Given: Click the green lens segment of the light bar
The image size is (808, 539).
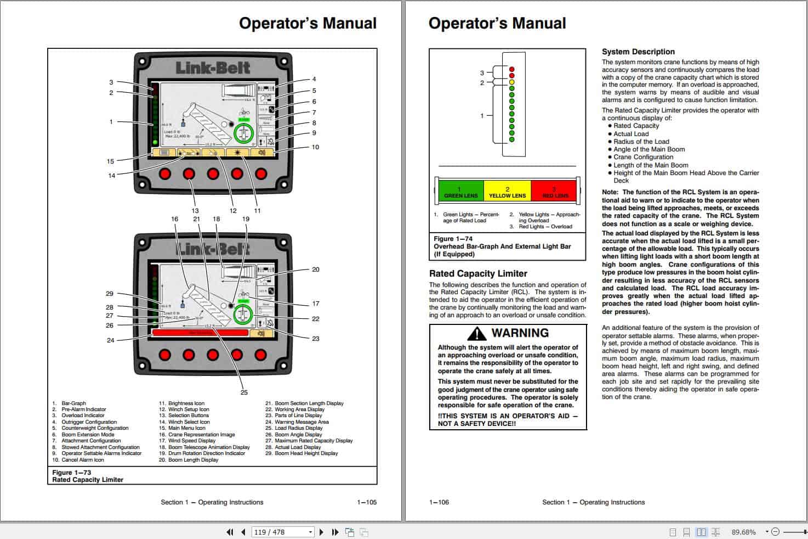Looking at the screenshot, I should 460,190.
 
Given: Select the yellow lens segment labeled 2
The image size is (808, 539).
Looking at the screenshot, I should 507,190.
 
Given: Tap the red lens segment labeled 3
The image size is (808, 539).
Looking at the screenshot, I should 554,190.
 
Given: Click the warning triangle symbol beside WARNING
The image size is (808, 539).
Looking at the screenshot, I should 477,333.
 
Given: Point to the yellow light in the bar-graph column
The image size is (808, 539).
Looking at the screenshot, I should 511,82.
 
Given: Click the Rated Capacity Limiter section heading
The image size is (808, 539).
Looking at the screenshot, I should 477,273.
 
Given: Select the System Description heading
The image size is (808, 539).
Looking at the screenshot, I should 638,52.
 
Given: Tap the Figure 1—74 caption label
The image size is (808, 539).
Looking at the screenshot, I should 453,239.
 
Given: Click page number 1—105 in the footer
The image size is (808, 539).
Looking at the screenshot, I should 367,502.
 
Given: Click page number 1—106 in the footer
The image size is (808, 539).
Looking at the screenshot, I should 439,502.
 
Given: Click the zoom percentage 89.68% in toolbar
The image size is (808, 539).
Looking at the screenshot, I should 743,532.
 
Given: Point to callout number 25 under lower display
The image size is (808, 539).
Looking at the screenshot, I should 244,392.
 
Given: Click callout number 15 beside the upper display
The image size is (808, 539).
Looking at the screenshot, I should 111,161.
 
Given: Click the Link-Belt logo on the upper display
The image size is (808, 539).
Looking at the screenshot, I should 213,68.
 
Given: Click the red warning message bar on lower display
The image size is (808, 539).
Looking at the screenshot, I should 200,333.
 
